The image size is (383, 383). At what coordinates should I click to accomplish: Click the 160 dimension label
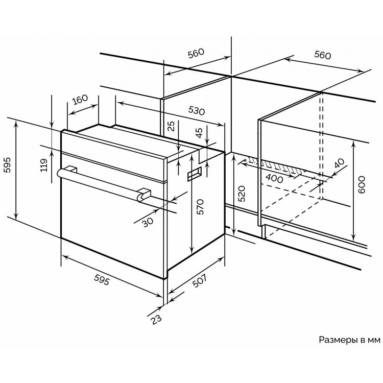[x=80, y=99]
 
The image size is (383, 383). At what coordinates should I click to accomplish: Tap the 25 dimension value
[x=171, y=126]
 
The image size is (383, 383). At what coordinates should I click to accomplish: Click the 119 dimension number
[x=44, y=164]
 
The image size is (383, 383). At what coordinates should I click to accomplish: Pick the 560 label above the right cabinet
[x=322, y=55]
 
